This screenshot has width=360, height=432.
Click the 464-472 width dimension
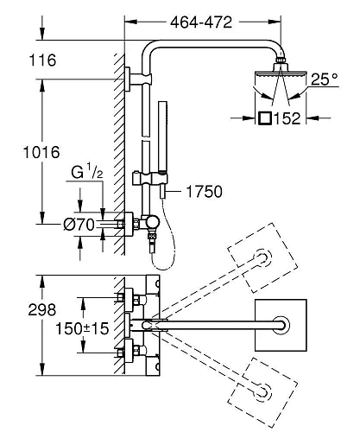point(201,22)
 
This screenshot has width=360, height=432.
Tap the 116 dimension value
point(42,60)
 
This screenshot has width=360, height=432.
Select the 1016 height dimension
point(41,152)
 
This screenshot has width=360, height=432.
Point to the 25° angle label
point(324,79)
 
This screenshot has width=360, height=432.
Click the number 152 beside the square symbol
point(287,118)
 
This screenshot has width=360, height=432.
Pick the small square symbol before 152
point(265,118)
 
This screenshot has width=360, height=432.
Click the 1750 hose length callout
point(205,192)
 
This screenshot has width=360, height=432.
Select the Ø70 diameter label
point(79,225)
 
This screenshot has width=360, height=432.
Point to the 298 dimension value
point(42,310)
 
